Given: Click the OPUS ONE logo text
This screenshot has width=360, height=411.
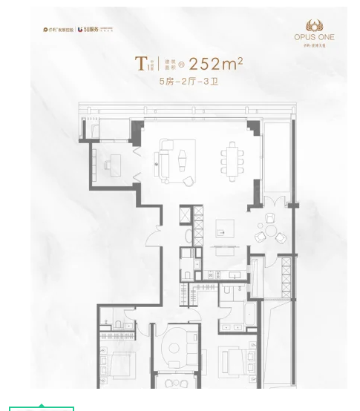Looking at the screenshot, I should tap(314, 37).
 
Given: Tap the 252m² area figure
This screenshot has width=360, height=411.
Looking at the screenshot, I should tap(215, 64).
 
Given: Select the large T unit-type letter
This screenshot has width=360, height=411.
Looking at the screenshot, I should tap(140, 64).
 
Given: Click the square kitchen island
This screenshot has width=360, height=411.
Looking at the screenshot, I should tap(225, 228).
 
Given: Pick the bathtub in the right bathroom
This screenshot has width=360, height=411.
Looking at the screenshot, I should tap(249, 313).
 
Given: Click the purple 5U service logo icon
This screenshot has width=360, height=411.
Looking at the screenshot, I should tap(82, 30).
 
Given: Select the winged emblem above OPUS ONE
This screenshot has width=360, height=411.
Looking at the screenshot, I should tap(314, 25).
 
